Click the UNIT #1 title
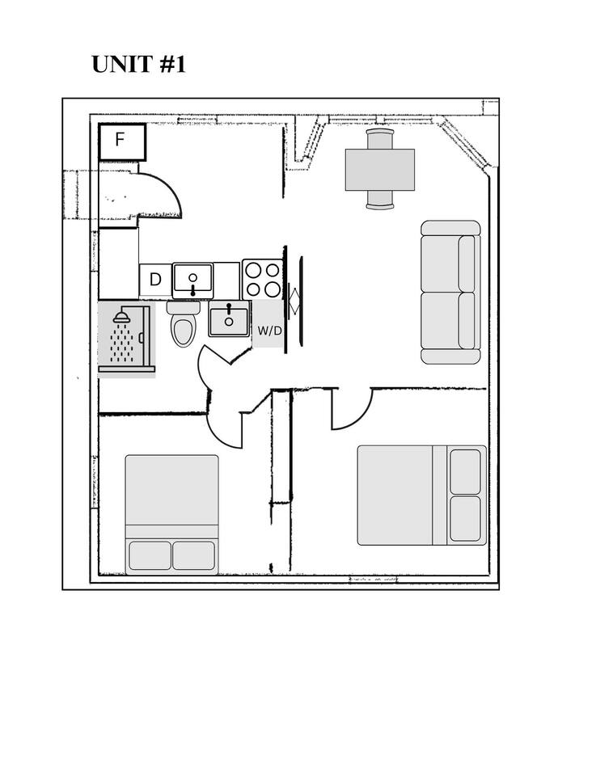(x=138, y=65)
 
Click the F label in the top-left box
(x=120, y=140)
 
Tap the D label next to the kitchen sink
(x=155, y=280)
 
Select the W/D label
(x=269, y=331)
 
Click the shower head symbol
(x=122, y=318)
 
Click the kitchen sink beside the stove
(x=193, y=280)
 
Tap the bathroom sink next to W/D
(x=229, y=320)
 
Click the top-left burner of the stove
(x=253, y=270)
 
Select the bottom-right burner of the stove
(x=273, y=289)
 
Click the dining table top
(x=380, y=170)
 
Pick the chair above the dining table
(x=380, y=139)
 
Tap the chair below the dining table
(x=380, y=200)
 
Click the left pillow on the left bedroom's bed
(x=150, y=555)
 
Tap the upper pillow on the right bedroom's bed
(x=465, y=471)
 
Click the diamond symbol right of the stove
(x=294, y=301)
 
